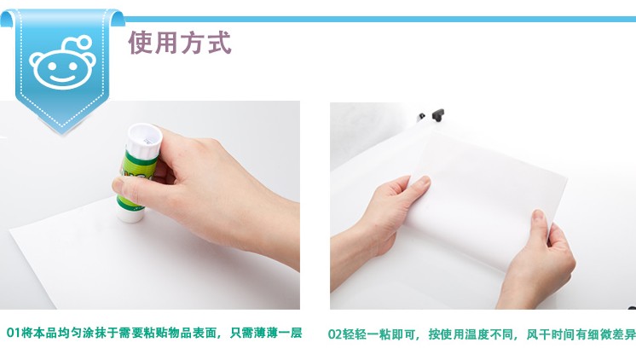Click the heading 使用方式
point(180,42)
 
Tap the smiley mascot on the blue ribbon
point(63,62)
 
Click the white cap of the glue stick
point(144,140)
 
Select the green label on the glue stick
point(136,178)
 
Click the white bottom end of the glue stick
point(130,213)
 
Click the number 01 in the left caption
point(13,333)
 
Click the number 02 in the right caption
point(335,334)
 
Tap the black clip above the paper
point(438,114)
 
